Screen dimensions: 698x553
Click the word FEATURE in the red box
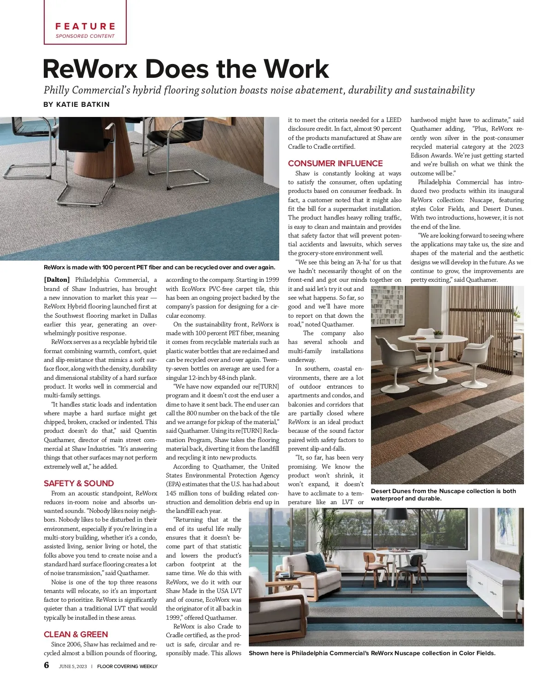[85, 26]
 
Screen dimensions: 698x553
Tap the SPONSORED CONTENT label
[85, 36]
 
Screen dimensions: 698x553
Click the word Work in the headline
[296, 69]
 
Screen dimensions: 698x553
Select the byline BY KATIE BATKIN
[76, 105]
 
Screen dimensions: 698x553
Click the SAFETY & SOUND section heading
[79, 483]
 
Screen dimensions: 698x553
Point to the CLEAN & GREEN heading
[76, 634]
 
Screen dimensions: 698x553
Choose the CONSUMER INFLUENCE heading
[335, 163]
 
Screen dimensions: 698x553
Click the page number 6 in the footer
[47, 665]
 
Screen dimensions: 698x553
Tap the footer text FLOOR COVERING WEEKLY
[127, 666]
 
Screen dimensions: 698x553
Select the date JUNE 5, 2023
[73, 666]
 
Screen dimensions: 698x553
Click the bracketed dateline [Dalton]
[57, 280]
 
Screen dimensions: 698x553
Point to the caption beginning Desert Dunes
[443, 494]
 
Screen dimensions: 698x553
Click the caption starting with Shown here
[372, 653]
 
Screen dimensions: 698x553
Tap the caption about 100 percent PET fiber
[159, 268]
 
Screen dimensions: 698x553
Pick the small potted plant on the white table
[438, 333]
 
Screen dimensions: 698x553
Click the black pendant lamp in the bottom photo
[396, 513]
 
